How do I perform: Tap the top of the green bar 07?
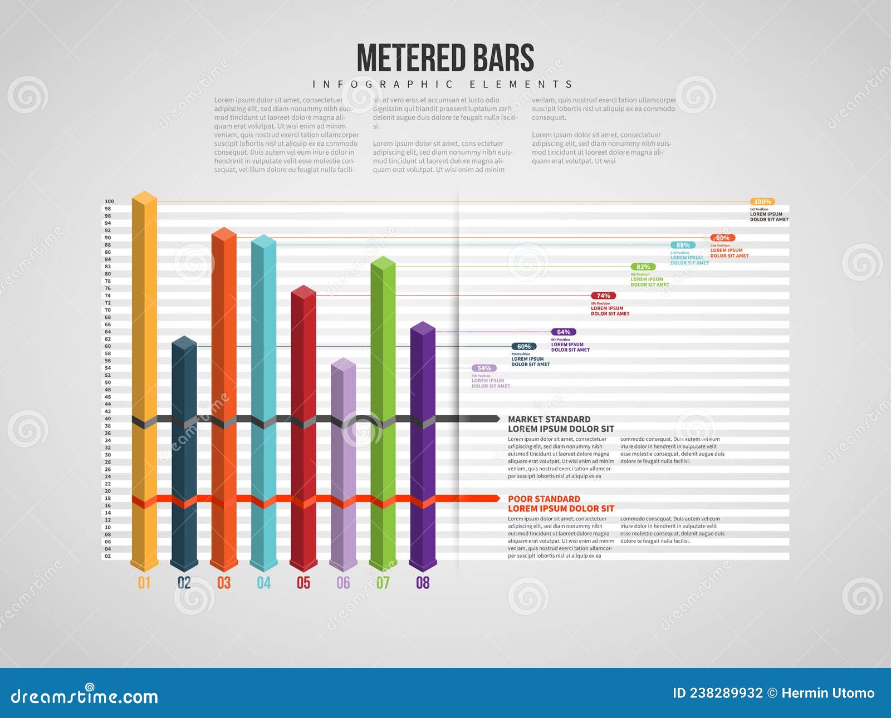(383, 263)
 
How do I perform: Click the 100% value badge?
(762, 201)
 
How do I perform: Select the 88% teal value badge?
(683, 245)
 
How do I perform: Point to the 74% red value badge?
(603, 296)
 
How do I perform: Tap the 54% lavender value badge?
(484, 368)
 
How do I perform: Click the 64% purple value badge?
(564, 332)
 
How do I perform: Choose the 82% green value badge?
(643, 267)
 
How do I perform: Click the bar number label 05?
(303, 583)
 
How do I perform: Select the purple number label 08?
(423, 583)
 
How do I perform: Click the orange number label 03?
(224, 583)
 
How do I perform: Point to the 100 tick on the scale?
(109, 201)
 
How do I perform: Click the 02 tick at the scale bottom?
(108, 556)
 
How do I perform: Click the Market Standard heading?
(549, 419)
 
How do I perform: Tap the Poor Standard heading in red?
(544, 499)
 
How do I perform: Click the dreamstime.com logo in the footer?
(85, 696)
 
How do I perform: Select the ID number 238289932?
(726, 693)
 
